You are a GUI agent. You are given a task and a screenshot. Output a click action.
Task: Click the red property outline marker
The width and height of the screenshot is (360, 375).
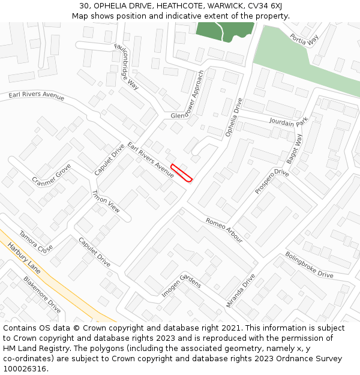(181, 172)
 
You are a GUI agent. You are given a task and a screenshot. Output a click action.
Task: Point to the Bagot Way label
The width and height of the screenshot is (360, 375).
(295, 148)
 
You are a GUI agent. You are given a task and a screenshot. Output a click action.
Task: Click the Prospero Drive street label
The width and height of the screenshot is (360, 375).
(272, 182)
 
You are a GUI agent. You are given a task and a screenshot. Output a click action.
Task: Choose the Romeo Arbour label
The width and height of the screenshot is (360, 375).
(224, 230)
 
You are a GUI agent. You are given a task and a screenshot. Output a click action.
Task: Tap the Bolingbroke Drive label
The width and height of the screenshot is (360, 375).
(309, 265)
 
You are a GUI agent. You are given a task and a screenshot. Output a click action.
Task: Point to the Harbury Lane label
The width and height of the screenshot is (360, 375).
(23, 259)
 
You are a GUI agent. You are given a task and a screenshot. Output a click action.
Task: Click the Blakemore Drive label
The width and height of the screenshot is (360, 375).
(42, 295)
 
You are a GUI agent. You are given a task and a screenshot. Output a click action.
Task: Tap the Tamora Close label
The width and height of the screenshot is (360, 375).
(35, 242)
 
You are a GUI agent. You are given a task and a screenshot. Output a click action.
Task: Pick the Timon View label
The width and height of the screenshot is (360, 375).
(106, 202)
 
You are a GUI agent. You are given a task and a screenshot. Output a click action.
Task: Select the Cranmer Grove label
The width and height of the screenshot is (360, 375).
(52, 175)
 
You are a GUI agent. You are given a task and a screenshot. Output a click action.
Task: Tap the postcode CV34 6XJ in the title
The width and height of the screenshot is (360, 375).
(262, 6)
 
